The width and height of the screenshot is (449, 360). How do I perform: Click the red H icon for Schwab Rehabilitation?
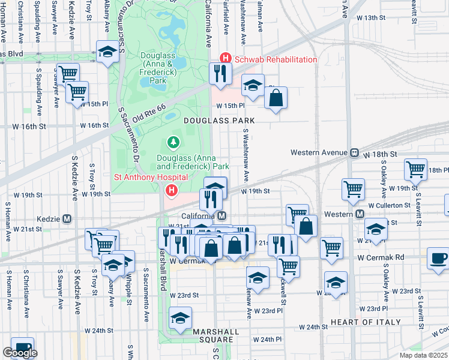point(226,59)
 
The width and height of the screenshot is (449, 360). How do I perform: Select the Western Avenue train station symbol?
point(355,153)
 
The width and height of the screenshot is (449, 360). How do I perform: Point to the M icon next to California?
point(222,216)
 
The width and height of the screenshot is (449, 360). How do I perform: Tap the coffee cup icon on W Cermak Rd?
point(438,259)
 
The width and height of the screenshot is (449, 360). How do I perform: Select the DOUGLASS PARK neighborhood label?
point(219,121)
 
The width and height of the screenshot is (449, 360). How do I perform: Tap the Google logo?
point(19,353)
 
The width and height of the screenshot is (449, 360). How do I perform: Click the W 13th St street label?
point(371,17)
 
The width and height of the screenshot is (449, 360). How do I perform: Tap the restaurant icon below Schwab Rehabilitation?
point(220,73)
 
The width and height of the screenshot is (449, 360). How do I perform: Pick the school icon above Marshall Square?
point(179,319)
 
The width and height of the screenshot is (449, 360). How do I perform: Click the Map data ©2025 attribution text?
point(423,355)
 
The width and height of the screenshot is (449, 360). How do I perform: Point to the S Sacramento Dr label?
point(128,134)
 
